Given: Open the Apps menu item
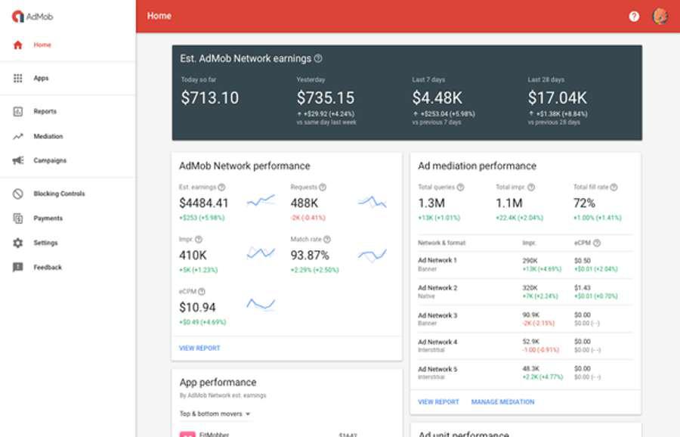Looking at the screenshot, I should tap(41, 78).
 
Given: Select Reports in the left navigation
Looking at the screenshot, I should tap(45, 111).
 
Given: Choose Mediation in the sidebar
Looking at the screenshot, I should tap(48, 136).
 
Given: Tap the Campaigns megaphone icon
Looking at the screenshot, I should tap(18, 160).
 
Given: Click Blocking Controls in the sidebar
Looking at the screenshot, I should tap(59, 194).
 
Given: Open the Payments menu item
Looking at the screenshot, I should tap(48, 218).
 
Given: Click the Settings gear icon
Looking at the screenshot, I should tap(18, 243).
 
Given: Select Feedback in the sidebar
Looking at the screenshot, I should tap(48, 267).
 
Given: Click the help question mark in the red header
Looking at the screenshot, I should tap(634, 16).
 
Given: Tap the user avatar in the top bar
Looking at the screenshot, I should tap(660, 16).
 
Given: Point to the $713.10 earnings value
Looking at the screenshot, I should tap(210, 98).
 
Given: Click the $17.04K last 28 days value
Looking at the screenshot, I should tap(557, 98).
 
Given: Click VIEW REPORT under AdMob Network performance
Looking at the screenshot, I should tap(199, 348).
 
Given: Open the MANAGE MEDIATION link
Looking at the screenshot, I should tap(502, 401).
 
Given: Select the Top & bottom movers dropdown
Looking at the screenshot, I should tap(215, 414).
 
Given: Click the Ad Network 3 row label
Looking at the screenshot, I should tap(437, 315).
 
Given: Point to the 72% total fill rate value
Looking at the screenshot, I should tap(584, 203).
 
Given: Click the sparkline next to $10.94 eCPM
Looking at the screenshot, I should tap(261, 304).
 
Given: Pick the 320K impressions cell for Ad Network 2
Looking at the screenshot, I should tap(530, 288).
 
